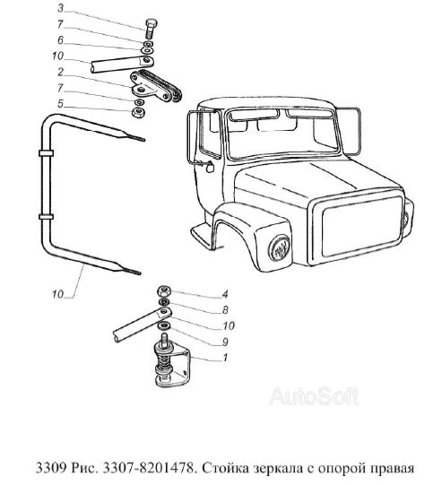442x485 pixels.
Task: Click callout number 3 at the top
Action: click(x=61, y=8)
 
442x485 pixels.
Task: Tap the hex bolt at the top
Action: click(x=151, y=29)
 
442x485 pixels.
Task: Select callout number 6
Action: click(x=60, y=40)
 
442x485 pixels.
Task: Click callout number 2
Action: click(x=61, y=72)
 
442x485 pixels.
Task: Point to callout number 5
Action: click(x=60, y=104)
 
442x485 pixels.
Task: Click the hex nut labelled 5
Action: click(x=138, y=112)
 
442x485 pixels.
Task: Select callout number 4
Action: click(x=225, y=294)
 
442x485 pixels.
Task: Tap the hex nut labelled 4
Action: click(x=164, y=290)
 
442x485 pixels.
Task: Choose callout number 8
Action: click(x=225, y=310)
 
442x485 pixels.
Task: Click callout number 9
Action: click(x=225, y=342)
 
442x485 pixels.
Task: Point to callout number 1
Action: click(x=225, y=358)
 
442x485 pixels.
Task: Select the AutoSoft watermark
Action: click(x=314, y=396)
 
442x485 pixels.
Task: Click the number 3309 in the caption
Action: click(x=51, y=468)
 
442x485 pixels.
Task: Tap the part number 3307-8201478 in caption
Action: click(x=150, y=468)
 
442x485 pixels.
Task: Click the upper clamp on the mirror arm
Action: click(x=46, y=153)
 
